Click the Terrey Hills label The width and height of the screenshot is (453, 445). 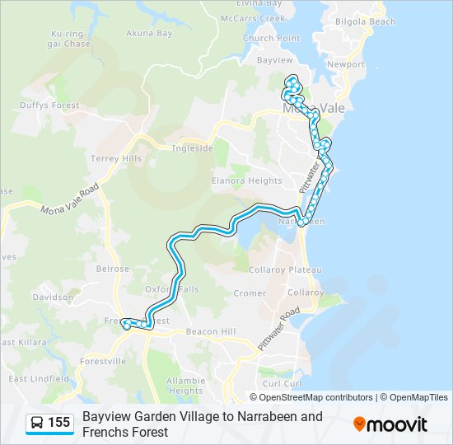(x=116, y=158)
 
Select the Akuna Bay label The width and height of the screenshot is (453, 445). (x=149, y=34)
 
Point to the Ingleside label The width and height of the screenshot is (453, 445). (x=192, y=148)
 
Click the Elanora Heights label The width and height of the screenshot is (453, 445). (x=246, y=180)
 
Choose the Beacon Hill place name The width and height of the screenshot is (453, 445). (x=212, y=331)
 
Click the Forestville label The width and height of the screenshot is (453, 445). (x=103, y=361)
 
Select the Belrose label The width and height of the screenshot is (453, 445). (x=114, y=269)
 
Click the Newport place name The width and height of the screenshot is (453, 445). (x=345, y=64)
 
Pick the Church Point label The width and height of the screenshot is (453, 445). (x=271, y=38)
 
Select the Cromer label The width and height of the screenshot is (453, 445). (x=250, y=293)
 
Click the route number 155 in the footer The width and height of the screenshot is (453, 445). (x=59, y=423)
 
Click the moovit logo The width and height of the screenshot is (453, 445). (x=390, y=424)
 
